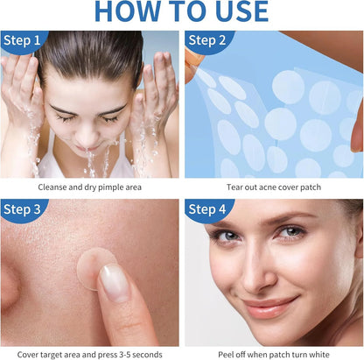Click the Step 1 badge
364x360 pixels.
21,41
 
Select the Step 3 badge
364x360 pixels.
21,208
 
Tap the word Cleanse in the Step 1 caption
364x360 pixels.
53,187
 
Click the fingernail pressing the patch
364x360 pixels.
113,282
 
